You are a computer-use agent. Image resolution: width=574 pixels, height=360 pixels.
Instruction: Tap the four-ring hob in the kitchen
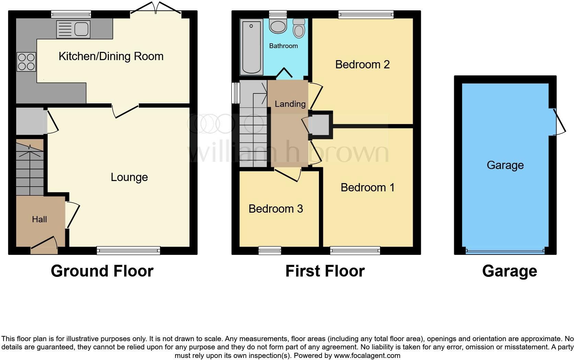26,62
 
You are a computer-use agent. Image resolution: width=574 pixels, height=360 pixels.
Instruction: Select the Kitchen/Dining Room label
111,56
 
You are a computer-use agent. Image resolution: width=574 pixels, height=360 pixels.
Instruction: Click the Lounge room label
129,177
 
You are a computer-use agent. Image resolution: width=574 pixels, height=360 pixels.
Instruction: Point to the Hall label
39,220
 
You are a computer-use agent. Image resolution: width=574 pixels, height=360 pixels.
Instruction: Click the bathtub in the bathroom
252,47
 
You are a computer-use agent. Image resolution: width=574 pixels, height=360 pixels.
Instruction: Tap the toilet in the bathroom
299,29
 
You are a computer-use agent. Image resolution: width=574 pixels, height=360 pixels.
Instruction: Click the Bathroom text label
283,46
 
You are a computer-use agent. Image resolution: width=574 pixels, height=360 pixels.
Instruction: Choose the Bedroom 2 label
362,65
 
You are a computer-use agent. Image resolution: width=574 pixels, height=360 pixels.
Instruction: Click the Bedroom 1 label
367,188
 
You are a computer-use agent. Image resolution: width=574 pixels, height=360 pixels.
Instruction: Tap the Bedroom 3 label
276,209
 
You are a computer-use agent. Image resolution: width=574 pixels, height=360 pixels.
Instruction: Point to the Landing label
290,104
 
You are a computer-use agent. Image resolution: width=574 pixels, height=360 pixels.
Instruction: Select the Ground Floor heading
102,271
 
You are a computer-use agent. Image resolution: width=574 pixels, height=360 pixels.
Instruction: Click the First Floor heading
325,271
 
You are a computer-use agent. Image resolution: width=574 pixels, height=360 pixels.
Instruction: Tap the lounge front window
128,251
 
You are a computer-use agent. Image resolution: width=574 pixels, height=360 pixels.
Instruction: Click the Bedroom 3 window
269,251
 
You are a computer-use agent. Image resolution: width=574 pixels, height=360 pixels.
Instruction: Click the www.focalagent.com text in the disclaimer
367,356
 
